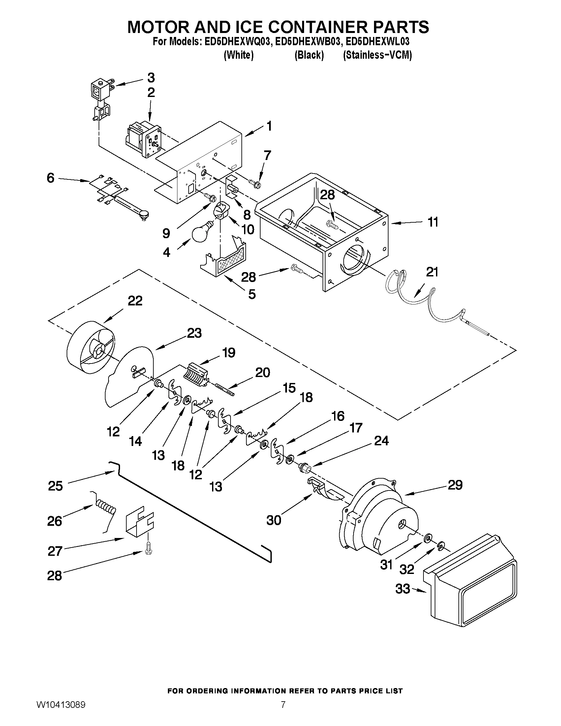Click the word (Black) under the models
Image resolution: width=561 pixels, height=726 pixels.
tap(309, 55)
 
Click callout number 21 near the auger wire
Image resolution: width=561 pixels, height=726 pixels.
tap(432, 272)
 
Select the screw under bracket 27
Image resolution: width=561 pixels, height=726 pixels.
tap(147, 551)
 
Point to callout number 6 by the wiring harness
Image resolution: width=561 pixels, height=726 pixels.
tap(50, 178)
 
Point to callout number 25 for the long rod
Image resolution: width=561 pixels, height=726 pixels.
tap(55, 486)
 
